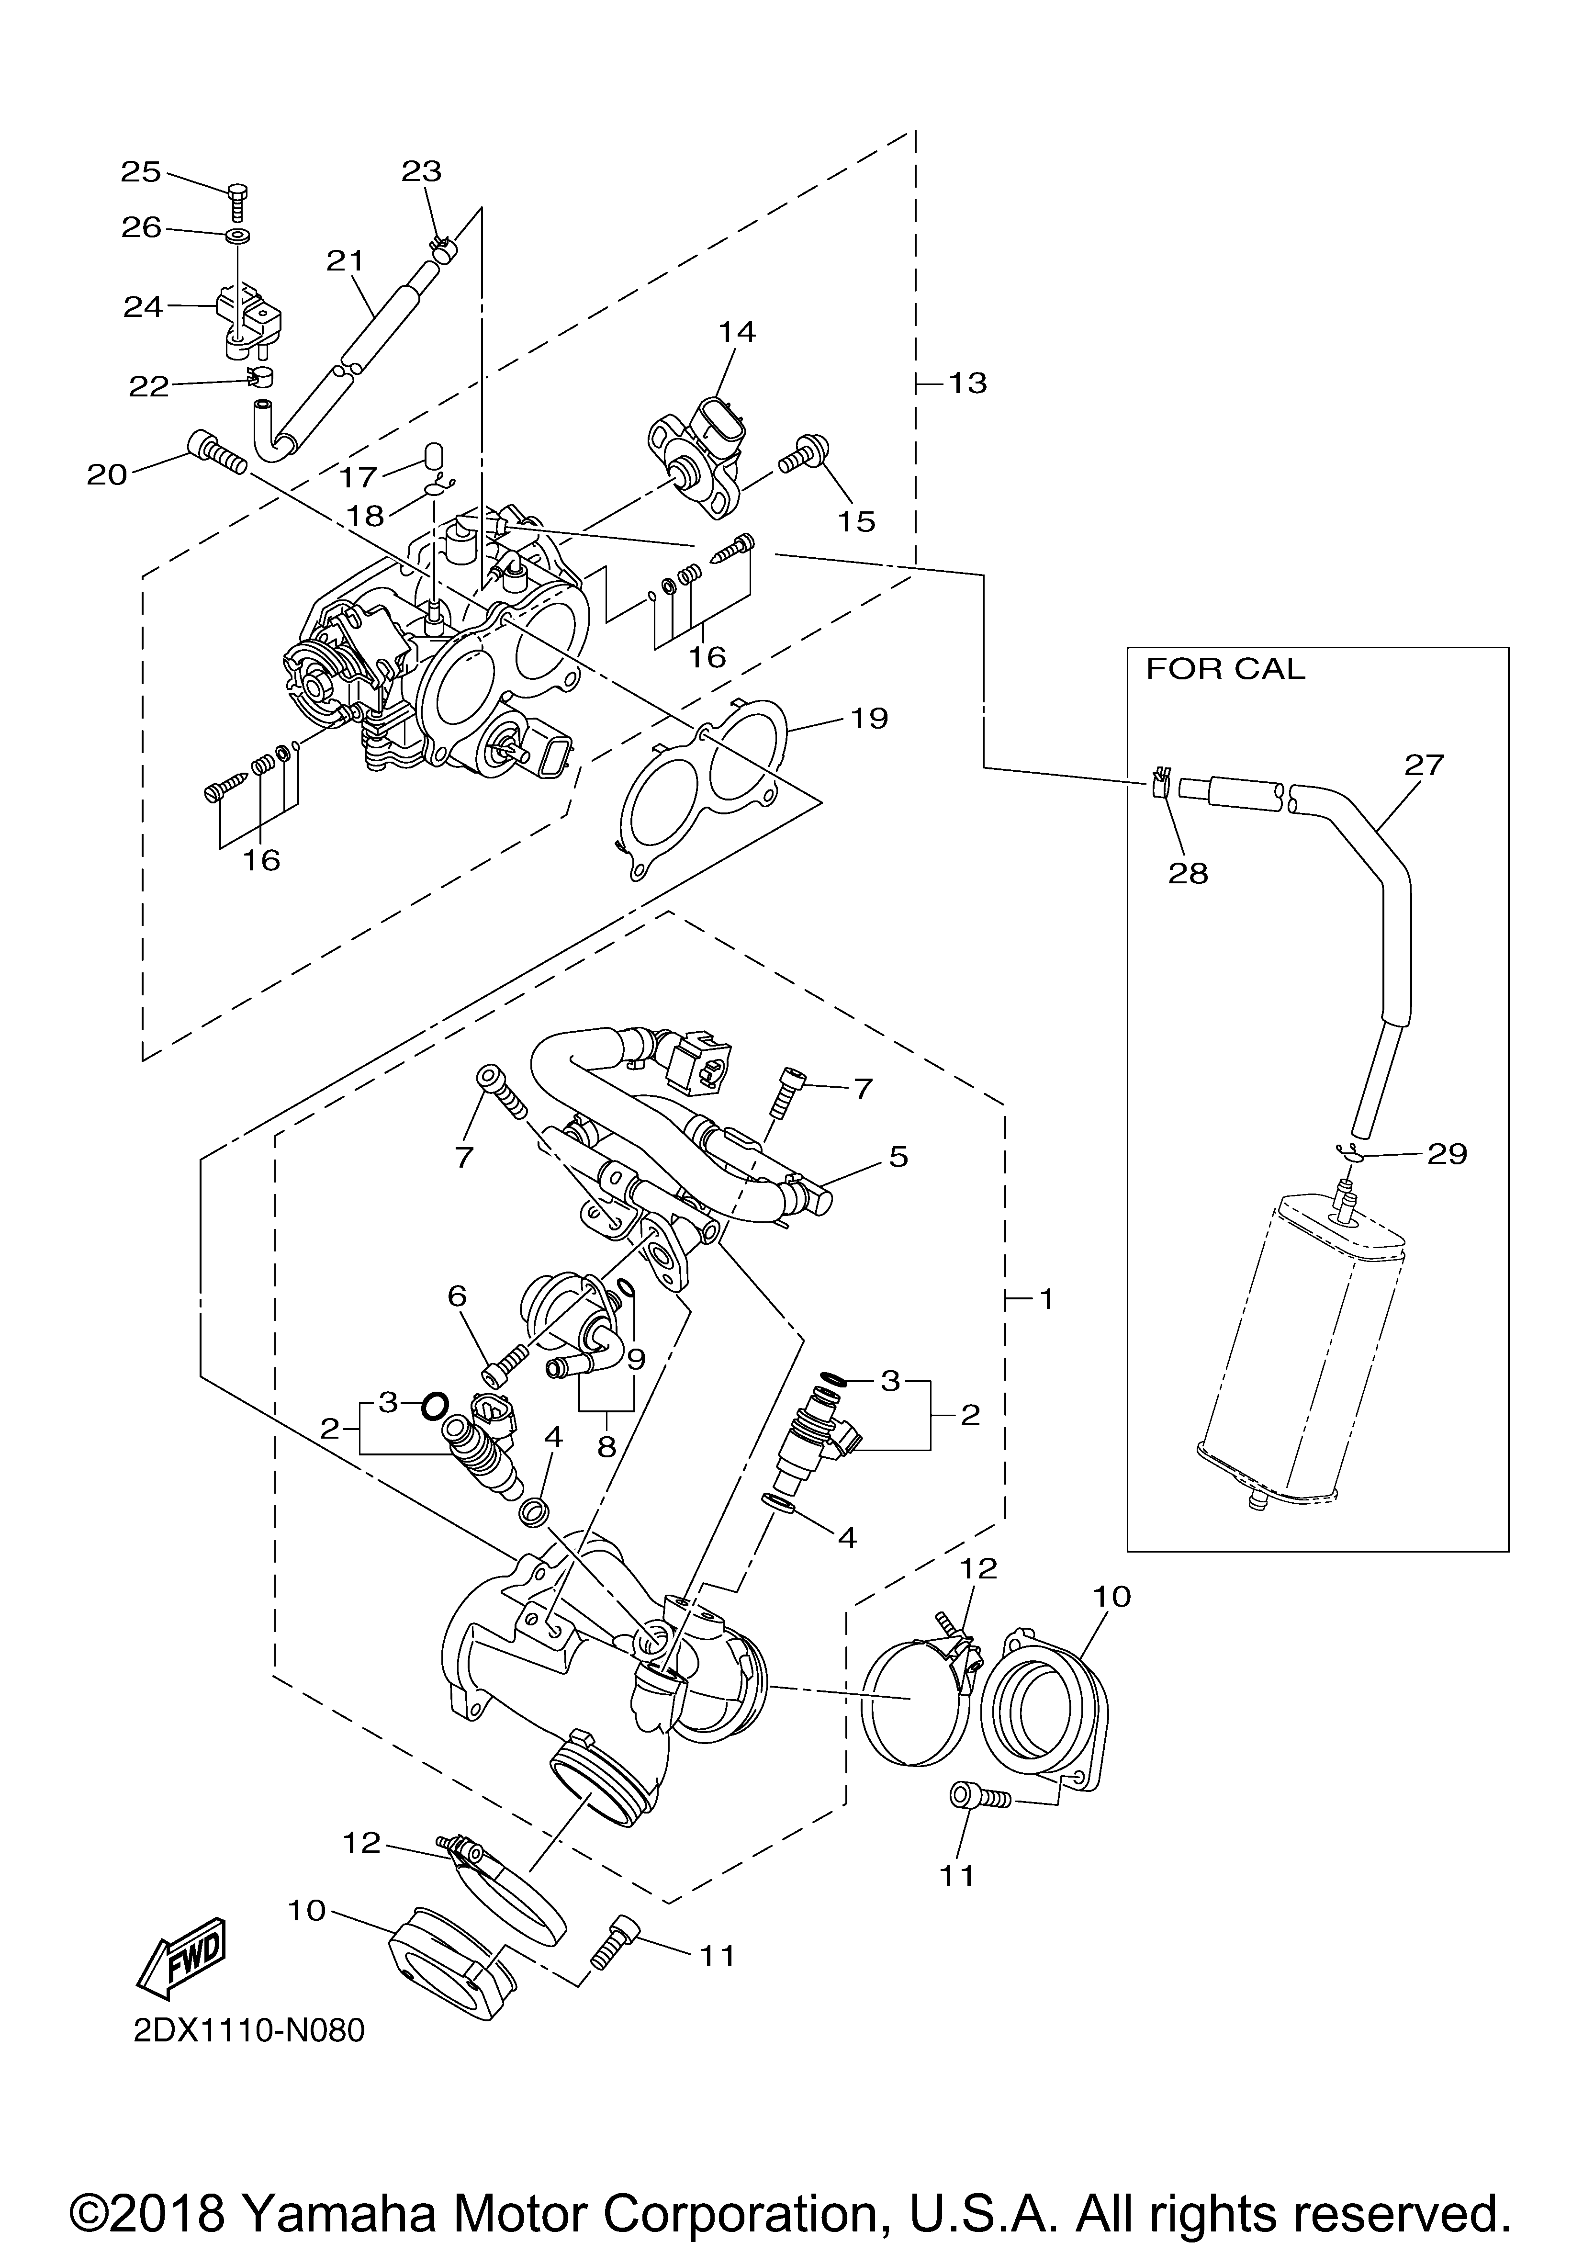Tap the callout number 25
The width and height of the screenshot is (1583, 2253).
click(x=140, y=172)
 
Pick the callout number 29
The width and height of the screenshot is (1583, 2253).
click(x=1447, y=1154)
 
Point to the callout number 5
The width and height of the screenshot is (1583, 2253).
click(x=898, y=1157)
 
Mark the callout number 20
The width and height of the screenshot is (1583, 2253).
click(x=107, y=475)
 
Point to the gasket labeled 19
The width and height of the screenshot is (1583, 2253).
click(x=707, y=785)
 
